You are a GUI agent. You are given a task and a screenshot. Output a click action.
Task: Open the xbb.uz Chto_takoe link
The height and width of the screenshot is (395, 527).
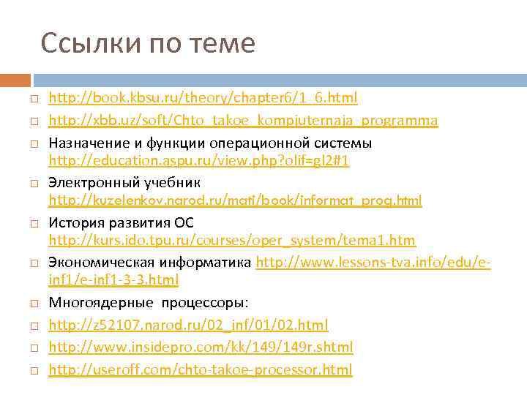click(243, 120)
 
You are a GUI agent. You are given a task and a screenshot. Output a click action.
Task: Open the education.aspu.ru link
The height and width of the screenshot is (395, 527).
click(198, 160)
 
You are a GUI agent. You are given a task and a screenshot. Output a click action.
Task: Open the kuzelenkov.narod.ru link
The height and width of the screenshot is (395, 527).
click(235, 200)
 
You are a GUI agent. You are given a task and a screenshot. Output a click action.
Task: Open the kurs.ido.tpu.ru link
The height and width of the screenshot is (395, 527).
click(232, 241)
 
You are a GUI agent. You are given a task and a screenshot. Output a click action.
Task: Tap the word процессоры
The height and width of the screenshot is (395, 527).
click(206, 302)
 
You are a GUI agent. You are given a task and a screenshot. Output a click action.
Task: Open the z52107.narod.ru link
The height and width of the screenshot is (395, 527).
click(188, 325)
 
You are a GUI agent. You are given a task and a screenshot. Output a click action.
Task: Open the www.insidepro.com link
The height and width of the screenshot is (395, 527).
click(201, 347)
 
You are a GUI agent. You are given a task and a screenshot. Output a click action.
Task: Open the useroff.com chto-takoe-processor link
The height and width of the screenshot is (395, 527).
click(200, 369)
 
